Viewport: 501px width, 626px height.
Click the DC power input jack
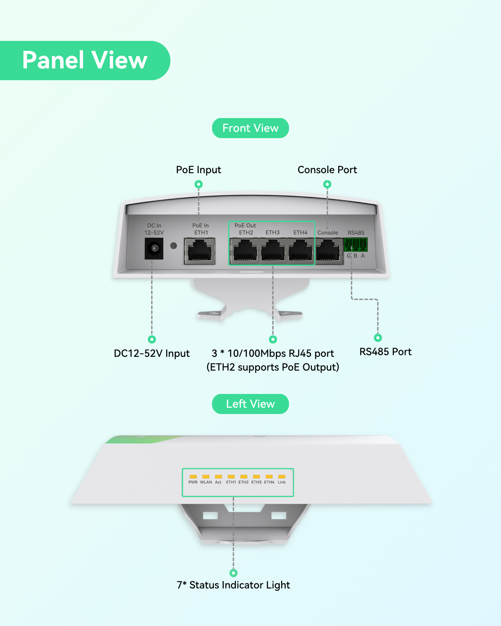[x=154, y=248]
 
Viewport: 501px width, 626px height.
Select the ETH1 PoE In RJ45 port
[x=200, y=251]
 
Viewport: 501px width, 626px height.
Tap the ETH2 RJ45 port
[x=245, y=251]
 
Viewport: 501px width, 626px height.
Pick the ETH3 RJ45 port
[x=273, y=251]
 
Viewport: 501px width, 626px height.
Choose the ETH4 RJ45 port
[x=301, y=251]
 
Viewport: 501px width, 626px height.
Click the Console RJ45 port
[x=329, y=251]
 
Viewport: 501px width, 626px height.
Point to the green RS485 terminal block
[x=355, y=245]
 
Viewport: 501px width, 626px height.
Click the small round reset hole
[x=174, y=246]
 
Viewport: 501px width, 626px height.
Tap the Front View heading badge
[x=250, y=128]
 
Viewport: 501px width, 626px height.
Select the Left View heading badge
[x=250, y=404]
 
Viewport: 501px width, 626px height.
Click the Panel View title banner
[x=85, y=60]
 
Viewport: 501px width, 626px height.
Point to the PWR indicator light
[x=193, y=477]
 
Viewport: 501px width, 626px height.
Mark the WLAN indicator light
[x=206, y=477]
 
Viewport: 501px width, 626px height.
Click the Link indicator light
[x=281, y=477]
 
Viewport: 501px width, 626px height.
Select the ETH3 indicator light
[x=256, y=477]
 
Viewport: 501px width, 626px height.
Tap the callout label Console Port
[x=327, y=170]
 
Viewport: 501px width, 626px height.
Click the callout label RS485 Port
[x=385, y=352]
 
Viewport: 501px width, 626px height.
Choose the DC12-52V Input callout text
[x=152, y=353]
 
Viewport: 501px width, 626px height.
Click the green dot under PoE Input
[x=199, y=184]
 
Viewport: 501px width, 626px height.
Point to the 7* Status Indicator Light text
[x=233, y=585]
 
